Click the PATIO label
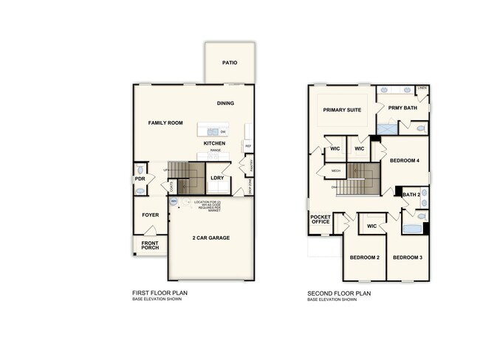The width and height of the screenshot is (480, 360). (230, 63)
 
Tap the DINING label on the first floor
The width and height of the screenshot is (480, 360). (226, 103)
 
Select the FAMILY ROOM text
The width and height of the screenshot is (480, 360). (165, 123)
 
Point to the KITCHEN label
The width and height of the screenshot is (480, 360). (215, 143)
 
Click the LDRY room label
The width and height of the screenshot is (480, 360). (217, 178)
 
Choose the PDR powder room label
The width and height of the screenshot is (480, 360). (140, 179)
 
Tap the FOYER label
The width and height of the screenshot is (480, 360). (151, 215)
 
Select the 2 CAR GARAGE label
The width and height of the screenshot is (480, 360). (211, 238)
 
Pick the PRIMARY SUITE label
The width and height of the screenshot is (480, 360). (343, 110)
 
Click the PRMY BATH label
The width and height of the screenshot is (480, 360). (402, 107)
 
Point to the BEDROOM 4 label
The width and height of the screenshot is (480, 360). (405, 160)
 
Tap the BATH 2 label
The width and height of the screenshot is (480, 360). (411, 195)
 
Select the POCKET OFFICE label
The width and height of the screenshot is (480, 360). (320, 219)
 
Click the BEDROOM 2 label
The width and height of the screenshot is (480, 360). (364, 257)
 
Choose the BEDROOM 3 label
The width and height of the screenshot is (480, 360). (407, 257)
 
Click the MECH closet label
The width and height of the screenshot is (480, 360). (335, 171)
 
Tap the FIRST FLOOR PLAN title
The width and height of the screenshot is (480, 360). (160, 294)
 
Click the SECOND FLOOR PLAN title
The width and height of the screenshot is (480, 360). (339, 294)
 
